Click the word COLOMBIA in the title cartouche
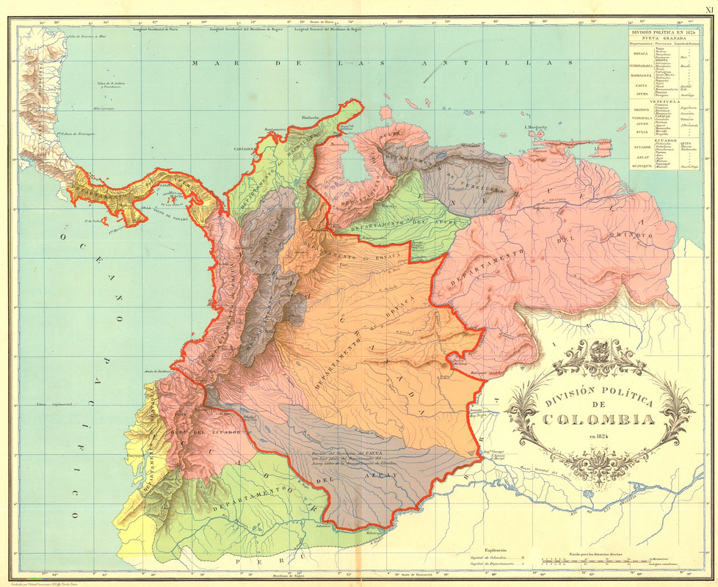click(599, 420)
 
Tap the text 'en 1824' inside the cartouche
click(599, 437)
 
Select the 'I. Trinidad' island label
click(604, 150)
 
